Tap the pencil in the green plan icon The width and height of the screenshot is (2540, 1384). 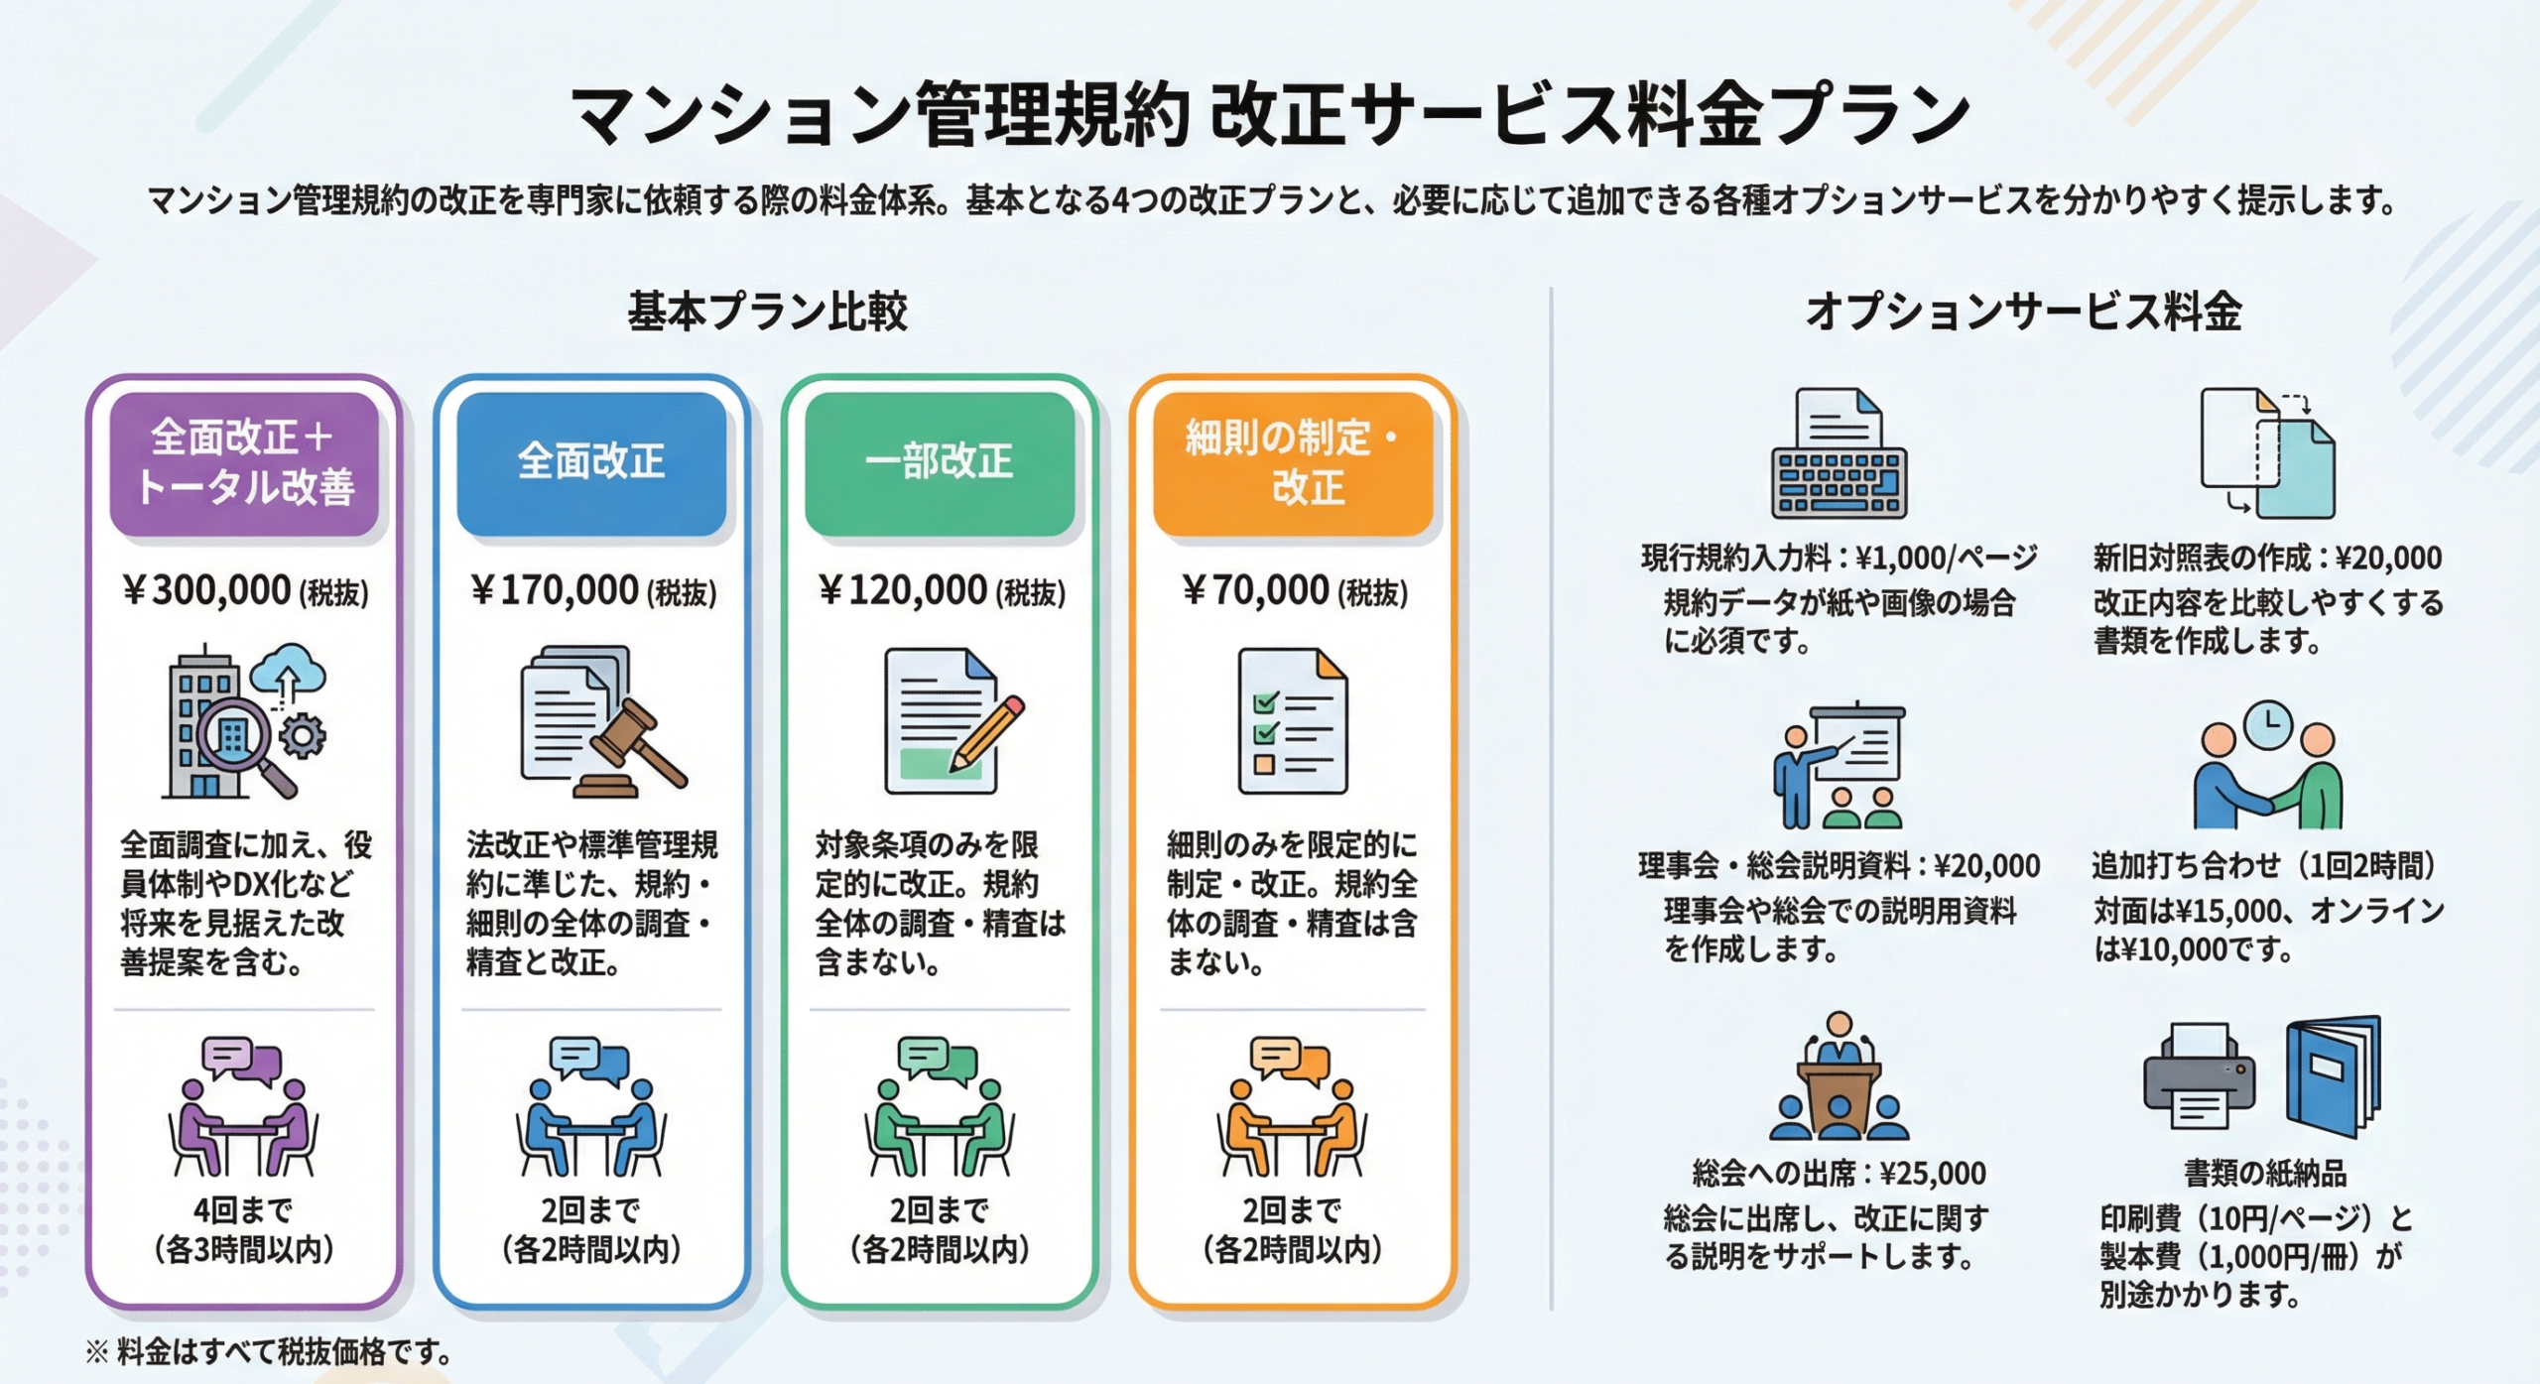click(986, 733)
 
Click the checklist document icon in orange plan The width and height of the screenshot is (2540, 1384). click(1292, 721)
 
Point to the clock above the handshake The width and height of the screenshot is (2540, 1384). click(2268, 725)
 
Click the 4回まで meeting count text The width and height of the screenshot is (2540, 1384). click(243, 1210)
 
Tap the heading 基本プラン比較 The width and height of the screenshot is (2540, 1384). click(767, 312)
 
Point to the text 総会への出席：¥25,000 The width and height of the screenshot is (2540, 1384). click(1839, 1174)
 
